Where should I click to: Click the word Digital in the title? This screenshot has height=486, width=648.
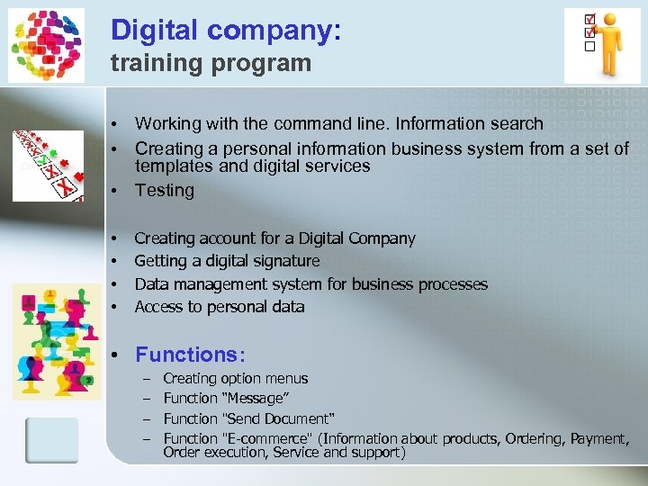[153, 31]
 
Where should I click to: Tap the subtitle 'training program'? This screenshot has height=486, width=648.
[211, 63]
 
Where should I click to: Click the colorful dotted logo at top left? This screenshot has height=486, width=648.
[46, 45]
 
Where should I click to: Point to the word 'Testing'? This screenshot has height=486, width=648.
[165, 190]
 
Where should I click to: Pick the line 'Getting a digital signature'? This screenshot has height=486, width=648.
[227, 261]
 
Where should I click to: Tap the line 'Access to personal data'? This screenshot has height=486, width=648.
[220, 307]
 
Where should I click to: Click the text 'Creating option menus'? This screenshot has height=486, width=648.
[235, 379]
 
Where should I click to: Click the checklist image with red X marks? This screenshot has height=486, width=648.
[48, 165]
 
